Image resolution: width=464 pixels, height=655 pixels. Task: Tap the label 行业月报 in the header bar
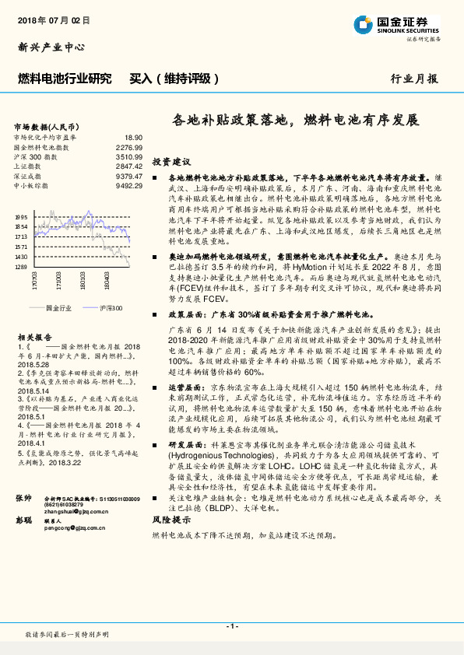[414, 79]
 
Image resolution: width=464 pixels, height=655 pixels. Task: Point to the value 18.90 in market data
[134, 136]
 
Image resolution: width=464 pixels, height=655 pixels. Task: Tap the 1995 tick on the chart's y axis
[21, 217]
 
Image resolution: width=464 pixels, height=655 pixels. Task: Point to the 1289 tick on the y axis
[21, 266]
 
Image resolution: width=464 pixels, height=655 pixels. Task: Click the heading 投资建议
[171, 162]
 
